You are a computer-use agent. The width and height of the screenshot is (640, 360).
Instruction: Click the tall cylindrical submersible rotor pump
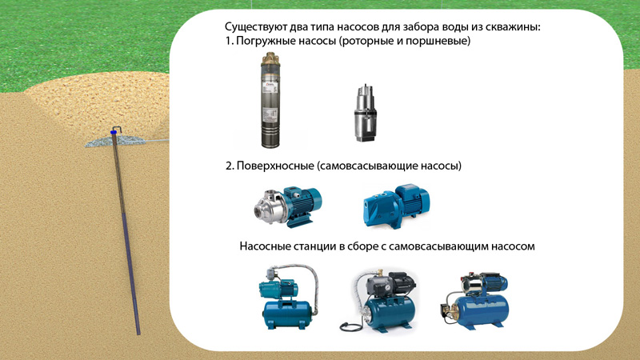270,100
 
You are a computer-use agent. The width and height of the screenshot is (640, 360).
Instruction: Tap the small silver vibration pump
365,114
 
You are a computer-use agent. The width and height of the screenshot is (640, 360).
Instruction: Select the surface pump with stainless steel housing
287,206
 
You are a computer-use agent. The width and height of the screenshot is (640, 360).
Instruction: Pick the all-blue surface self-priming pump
396,206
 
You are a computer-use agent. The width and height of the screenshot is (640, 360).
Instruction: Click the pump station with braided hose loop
288,297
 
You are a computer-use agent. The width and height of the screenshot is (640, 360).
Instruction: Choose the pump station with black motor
378,301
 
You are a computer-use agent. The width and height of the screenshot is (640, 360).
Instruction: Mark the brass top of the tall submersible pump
270,60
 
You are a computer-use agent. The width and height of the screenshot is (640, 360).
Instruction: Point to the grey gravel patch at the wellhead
114,141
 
